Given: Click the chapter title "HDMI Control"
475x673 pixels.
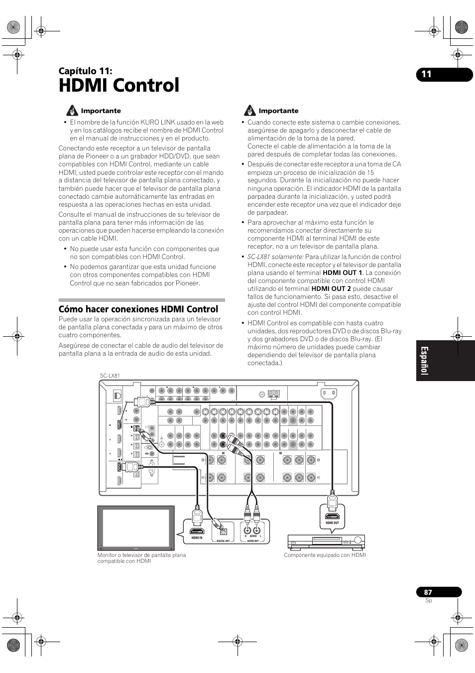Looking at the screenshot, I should coord(119,86).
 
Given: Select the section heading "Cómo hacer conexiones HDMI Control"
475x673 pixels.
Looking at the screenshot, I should coord(138,309).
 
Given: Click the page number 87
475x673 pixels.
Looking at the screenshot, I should coord(428,592).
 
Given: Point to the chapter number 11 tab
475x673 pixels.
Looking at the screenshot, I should coord(426,75).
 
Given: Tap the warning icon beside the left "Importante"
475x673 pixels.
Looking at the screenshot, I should coord(72,111).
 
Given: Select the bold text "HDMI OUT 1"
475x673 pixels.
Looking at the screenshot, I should coord(342,273).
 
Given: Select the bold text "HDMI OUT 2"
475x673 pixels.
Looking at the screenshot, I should coord(331,289).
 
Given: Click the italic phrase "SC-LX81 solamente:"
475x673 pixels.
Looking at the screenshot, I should coord(275,257).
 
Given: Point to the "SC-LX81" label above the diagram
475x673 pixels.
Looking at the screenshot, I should coord(110,376).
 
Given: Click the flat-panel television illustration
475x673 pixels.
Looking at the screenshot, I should coord(136,528).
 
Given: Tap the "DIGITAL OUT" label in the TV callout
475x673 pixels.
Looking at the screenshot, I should coord(223,541).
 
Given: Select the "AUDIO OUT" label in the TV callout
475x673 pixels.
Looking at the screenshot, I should coord(253,541).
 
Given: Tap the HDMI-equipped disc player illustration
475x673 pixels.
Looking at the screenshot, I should coord(326,541).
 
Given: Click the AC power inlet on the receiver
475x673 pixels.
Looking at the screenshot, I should coord(329,393).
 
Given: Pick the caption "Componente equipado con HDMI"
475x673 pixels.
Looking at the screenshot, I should coord(325,555).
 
